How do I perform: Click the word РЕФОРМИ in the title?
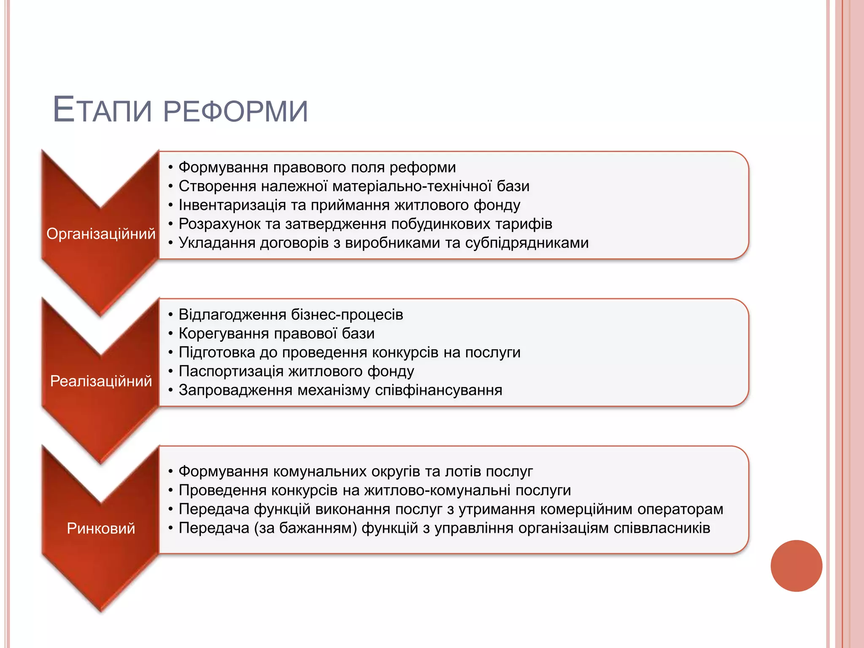235,111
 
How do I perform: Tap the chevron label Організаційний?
101,234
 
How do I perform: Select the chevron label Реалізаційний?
101,381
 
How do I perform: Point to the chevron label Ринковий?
101,529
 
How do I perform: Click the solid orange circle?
796,566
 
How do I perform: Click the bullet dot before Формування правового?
170,168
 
